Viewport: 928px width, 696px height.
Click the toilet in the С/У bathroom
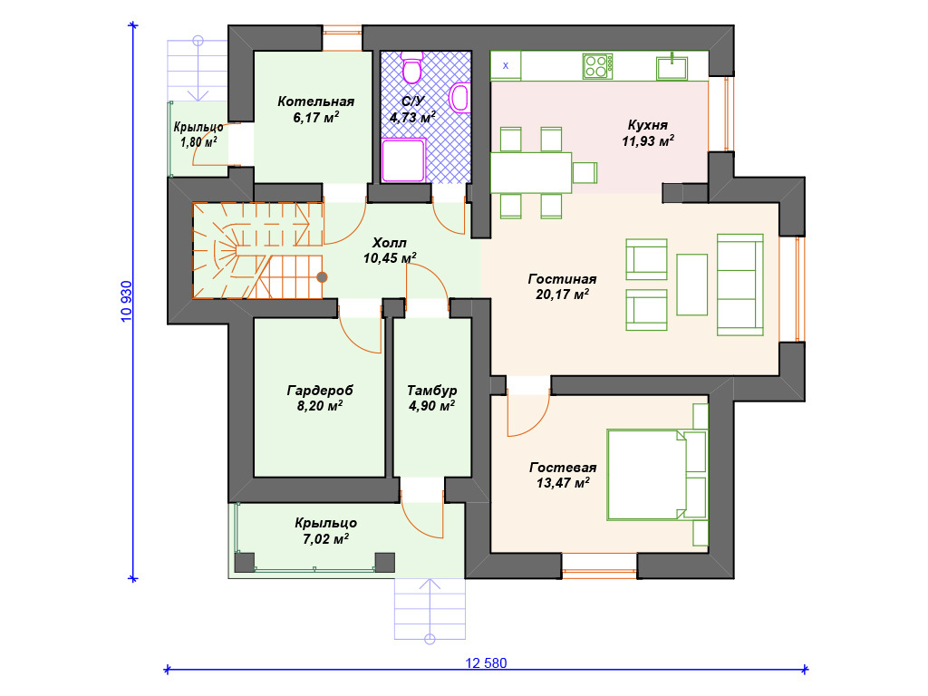(x=412, y=67)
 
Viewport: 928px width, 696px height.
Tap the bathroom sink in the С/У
(x=459, y=98)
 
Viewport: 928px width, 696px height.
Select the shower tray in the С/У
(x=403, y=159)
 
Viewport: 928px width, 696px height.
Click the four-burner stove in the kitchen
(x=597, y=66)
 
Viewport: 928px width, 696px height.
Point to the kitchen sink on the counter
(x=672, y=67)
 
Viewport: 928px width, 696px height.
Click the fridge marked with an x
(x=506, y=65)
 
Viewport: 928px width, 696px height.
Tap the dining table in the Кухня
(x=531, y=173)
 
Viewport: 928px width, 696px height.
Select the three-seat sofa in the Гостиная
(x=739, y=285)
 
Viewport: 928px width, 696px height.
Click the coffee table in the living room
(x=691, y=285)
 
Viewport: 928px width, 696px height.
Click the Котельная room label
(x=316, y=101)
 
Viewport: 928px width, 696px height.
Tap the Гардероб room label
(x=320, y=391)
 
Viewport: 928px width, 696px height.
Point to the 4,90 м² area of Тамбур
(x=431, y=406)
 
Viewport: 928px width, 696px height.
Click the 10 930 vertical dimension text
(x=127, y=301)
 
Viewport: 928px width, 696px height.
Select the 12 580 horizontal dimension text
(x=486, y=663)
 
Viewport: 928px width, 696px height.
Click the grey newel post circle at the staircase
(x=322, y=277)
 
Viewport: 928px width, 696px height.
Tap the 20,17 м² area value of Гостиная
(x=562, y=295)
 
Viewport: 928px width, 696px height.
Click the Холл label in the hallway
(x=390, y=243)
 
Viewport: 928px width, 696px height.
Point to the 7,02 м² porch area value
(x=325, y=539)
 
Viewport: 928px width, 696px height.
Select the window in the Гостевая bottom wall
(x=600, y=565)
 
